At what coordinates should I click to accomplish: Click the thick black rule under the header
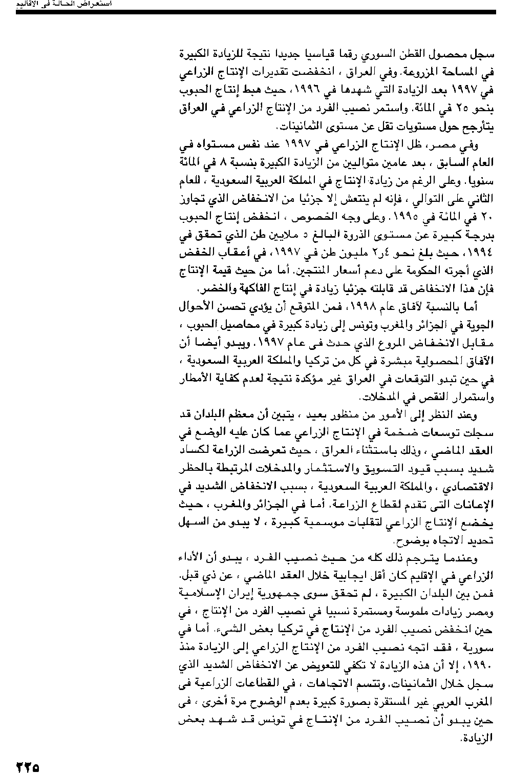pyautogui.click(x=255, y=11)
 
